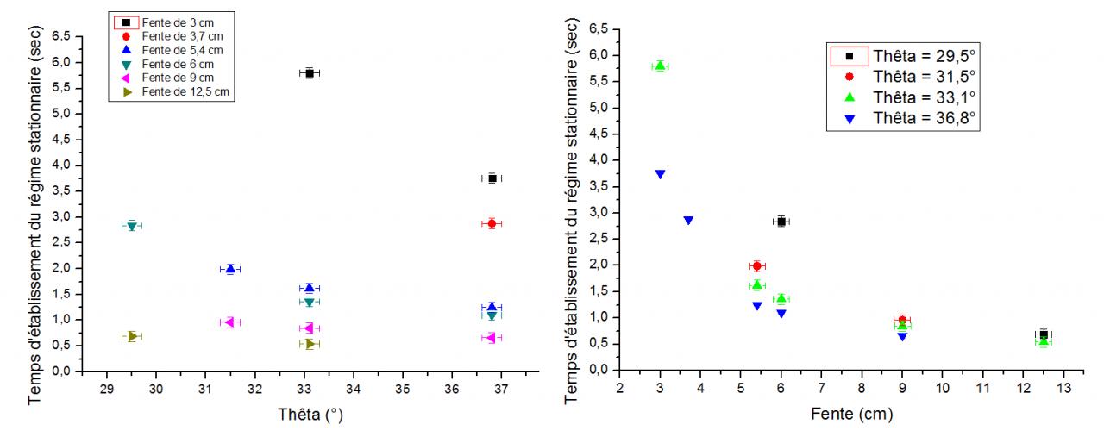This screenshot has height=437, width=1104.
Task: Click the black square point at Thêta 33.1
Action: click(310, 73)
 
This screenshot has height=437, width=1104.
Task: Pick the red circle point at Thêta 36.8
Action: click(492, 223)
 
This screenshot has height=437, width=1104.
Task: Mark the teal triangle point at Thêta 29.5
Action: click(132, 226)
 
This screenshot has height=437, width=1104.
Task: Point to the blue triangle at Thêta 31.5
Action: click(230, 269)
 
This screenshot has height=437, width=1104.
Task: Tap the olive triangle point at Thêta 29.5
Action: click(133, 336)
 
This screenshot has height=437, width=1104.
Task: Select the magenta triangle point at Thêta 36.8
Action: click(492, 338)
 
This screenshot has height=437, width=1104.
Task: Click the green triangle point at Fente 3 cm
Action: click(660, 66)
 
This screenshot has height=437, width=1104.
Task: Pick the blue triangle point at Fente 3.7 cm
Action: click(688, 220)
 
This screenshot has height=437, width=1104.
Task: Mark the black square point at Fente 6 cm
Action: click(781, 222)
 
